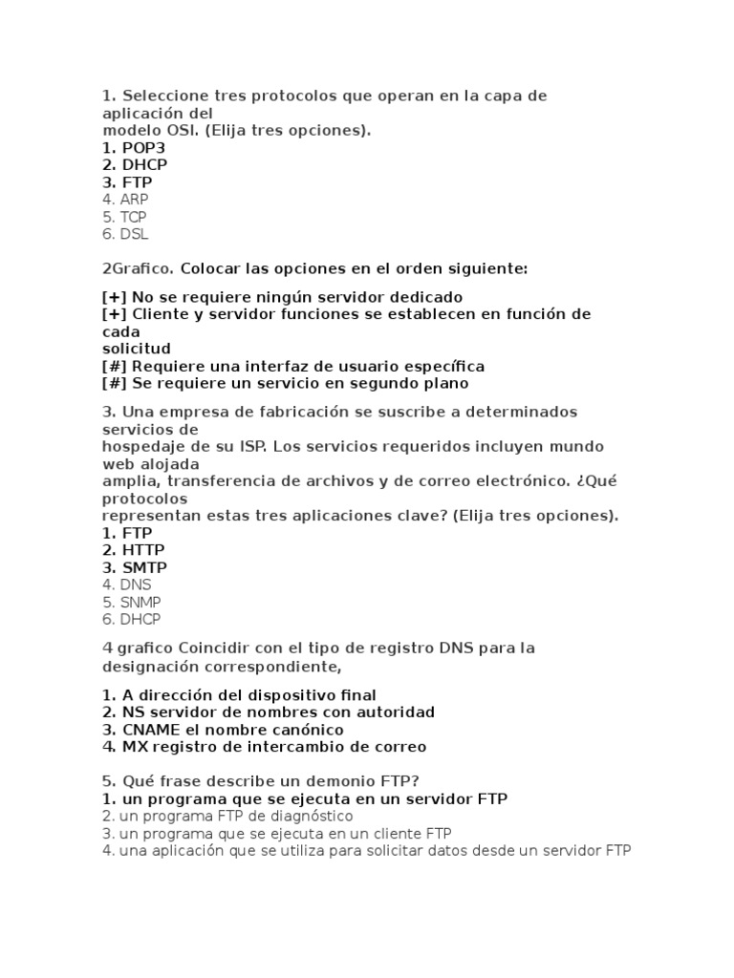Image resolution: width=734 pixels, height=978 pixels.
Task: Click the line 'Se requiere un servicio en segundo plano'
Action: coord(286,383)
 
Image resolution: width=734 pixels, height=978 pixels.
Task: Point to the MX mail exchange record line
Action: coord(264,747)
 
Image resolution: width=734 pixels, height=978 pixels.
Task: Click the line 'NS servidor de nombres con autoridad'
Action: coord(269,712)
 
